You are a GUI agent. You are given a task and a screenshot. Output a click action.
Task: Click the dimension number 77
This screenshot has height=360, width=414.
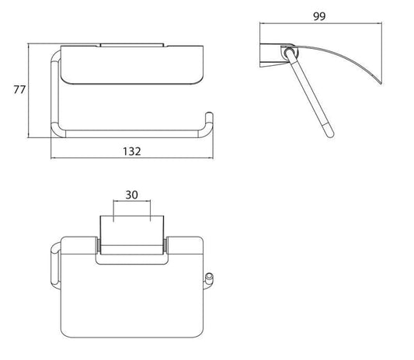coord(19,90)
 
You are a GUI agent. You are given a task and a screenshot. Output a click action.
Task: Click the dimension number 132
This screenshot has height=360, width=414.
coord(132,151)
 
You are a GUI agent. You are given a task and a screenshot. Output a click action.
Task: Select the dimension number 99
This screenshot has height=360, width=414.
coord(319,16)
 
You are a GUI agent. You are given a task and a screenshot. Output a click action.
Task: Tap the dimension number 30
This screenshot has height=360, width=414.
coord(131,195)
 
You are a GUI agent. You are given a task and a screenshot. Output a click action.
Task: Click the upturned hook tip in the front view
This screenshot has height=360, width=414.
coord(209,114)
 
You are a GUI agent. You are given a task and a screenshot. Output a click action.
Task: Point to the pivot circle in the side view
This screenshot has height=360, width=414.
coord(290,52)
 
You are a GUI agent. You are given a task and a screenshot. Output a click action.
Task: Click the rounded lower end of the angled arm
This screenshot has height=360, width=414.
coord(330,134)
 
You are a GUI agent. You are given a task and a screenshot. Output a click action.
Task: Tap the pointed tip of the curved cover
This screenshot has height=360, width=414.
coord(381,83)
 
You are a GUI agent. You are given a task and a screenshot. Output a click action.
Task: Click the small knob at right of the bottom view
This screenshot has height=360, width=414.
coord(209,277)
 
